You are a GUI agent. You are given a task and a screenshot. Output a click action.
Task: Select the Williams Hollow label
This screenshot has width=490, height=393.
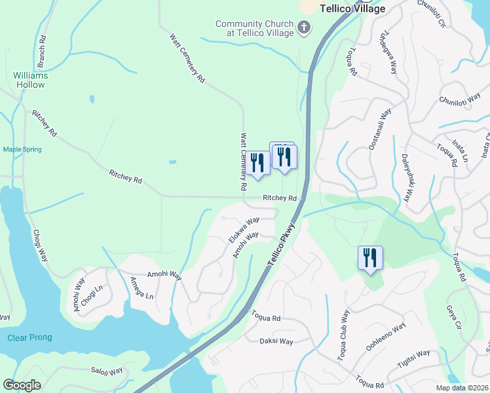click(30, 80)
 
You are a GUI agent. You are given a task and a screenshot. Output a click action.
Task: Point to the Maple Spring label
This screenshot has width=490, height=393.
click(22, 149)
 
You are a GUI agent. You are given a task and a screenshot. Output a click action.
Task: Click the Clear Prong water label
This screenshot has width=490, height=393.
click(29, 337)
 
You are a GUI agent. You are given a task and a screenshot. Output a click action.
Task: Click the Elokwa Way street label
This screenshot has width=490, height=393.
click(244, 230)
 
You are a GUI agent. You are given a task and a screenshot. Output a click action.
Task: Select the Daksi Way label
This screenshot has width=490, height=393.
click(276, 341)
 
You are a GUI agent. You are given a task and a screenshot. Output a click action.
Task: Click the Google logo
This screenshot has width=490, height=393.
click(22, 385)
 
